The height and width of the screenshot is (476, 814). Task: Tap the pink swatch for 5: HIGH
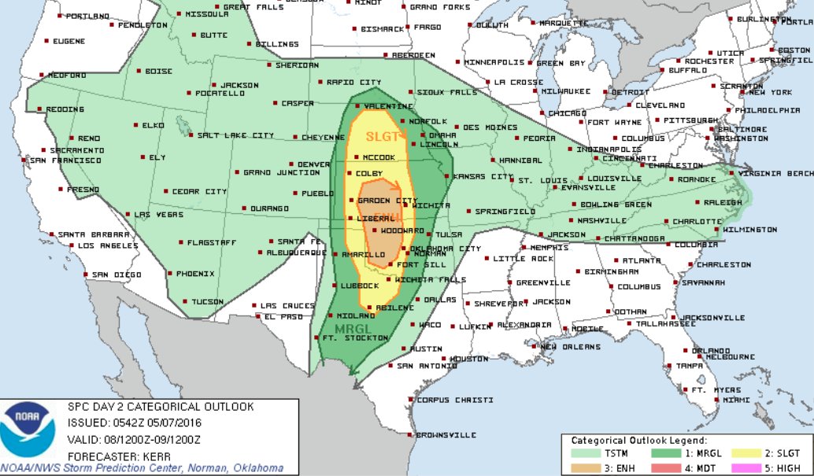coord(750,467)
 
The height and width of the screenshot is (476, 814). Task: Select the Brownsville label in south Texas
coord(446,434)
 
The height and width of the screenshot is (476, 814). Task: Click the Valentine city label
coord(389,106)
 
